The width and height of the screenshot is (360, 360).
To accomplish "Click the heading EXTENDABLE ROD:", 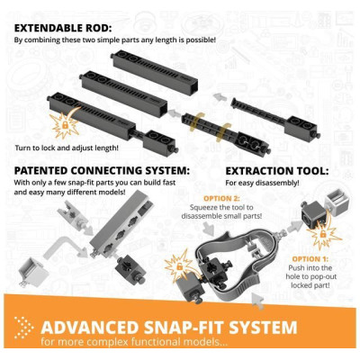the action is (63, 28).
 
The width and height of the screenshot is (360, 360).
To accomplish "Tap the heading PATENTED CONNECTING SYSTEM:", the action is (102, 171).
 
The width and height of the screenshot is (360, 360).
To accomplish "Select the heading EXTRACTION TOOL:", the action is (277, 171).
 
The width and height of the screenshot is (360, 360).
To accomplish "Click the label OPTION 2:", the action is (222, 199).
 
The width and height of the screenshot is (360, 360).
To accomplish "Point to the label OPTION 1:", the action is (310, 259).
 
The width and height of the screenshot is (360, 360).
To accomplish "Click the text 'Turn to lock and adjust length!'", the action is (67, 148).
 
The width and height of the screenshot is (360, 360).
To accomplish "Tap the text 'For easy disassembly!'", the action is (262, 183).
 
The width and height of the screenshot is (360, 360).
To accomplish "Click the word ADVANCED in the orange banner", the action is (90, 327).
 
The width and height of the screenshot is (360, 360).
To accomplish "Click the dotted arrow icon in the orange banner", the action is (23, 328).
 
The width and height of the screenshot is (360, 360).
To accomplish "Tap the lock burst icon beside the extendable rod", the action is (66, 123).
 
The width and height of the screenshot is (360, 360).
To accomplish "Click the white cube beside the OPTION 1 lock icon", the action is (335, 199).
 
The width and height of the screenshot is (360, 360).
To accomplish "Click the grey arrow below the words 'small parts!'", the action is (209, 231).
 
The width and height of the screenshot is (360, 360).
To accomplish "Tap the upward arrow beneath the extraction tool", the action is (257, 301).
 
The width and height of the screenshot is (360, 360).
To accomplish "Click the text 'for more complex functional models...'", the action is (134, 342).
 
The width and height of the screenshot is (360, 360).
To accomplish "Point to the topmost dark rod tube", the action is (155, 72).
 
